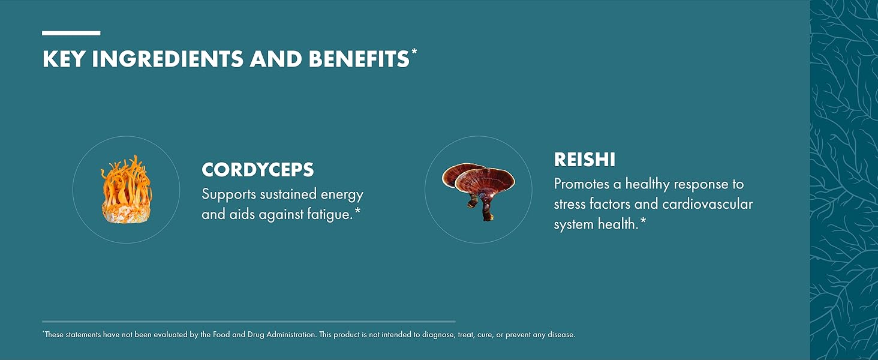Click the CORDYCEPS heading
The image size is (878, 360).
(257, 170)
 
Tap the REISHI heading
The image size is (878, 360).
(584, 160)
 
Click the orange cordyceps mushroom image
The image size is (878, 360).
(127, 189)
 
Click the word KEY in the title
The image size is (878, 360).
(64, 59)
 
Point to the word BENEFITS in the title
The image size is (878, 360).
(359, 59)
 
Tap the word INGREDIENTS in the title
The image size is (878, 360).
(167, 59)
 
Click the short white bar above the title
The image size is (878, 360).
(71, 34)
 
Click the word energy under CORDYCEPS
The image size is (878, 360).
(342, 195)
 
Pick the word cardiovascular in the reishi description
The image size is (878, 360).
(708, 204)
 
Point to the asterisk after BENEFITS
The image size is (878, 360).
(414, 52)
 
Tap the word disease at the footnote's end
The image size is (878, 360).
(561, 335)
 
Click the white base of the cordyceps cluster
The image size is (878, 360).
(126, 214)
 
